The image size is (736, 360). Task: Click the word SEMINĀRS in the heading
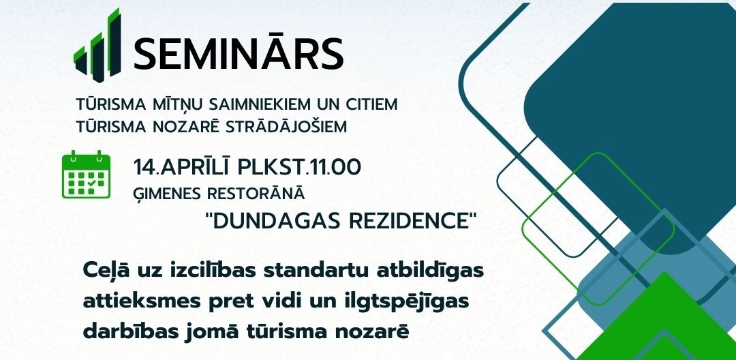point(239,52)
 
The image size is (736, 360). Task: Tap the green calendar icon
point(87,175)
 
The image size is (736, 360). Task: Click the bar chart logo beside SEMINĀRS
point(97,45)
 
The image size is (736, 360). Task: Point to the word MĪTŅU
point(179,104)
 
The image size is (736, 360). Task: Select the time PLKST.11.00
point(299,168)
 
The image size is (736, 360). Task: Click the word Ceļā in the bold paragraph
point(105,271)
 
